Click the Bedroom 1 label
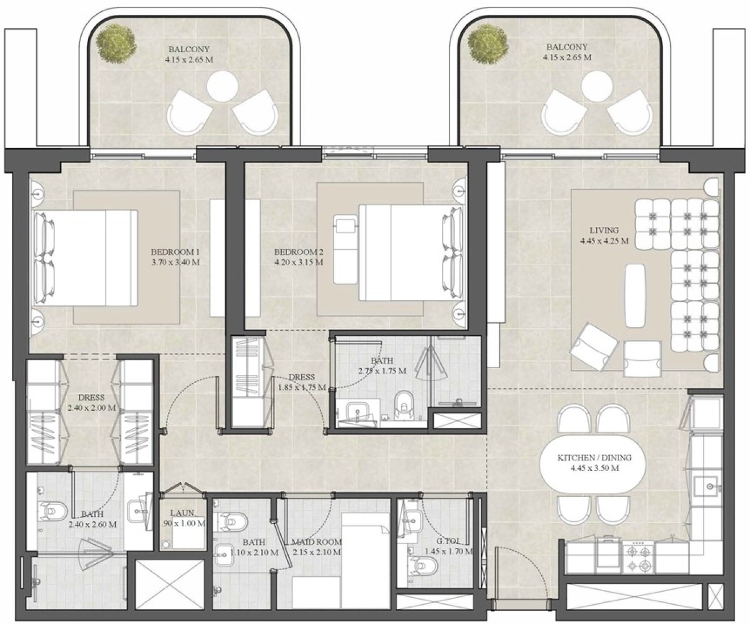(175, 252)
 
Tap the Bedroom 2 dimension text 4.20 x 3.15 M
(299, 263)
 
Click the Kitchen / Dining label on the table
(594, 458)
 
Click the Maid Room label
(317, 542)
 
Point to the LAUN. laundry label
(183, 513)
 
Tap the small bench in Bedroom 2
(345, 249)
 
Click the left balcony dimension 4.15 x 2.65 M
(189, 60)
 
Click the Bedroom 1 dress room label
(91, 398)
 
